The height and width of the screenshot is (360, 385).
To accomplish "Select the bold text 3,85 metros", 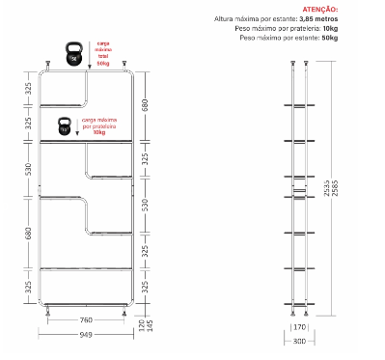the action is pos(319,19).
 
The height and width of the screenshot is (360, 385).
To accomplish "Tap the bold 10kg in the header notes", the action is pos(330,28).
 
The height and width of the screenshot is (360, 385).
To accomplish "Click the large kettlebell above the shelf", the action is pos(71,54).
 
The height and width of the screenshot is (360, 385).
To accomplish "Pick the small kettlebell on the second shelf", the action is pos(65,125).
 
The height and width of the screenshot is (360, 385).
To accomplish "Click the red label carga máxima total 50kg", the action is pos(103,53).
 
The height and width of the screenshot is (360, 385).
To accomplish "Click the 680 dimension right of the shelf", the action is pos(145,104).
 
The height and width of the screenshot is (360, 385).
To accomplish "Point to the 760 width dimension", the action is pos(85,319).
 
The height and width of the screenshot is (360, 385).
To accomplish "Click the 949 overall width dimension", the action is pos(85,336).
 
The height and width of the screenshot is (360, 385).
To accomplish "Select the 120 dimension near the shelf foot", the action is pos(140,327).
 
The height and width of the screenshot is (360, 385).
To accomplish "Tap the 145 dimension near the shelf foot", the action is pos(149,327).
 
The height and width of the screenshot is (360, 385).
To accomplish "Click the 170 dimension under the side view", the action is pos(299,327).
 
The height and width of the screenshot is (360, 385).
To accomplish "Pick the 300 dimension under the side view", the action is pos(299,341).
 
